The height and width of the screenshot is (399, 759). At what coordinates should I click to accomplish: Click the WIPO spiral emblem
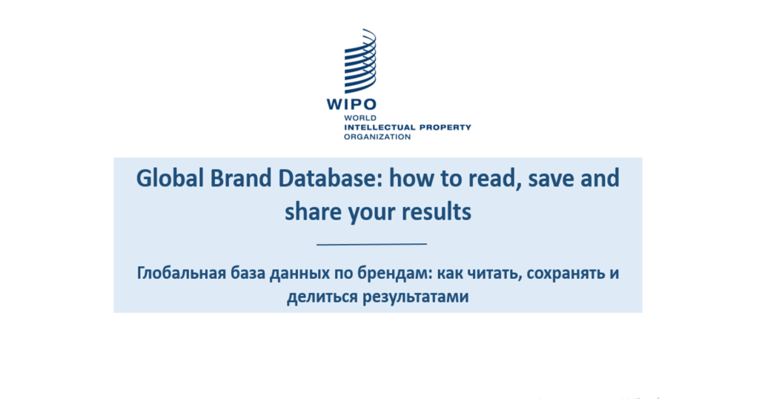click(360, 61)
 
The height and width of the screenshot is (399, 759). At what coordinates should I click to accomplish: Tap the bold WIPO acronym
click(351, 104)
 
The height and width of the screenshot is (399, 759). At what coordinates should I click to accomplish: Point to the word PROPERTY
click(445, 128)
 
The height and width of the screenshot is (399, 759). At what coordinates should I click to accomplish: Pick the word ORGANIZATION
click(377, 136)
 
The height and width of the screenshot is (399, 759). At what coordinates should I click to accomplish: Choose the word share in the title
click(313, 212)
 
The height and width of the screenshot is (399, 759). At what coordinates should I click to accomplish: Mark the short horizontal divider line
click(372, 244)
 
